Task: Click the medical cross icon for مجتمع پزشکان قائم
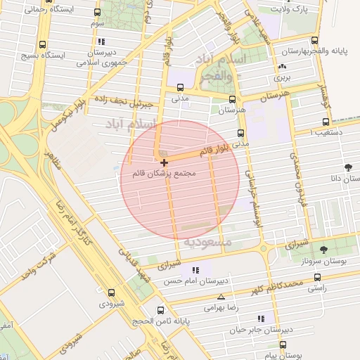tap(165, 162)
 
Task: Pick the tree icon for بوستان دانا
tap(348, 167)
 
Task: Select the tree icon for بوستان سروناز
tap(323, 249)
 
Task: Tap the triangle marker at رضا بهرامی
tap(221, 297)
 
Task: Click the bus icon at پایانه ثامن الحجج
tap(161, 309)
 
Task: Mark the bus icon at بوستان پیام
tap(283, 345)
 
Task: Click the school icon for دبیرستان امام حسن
tap(195, 269)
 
